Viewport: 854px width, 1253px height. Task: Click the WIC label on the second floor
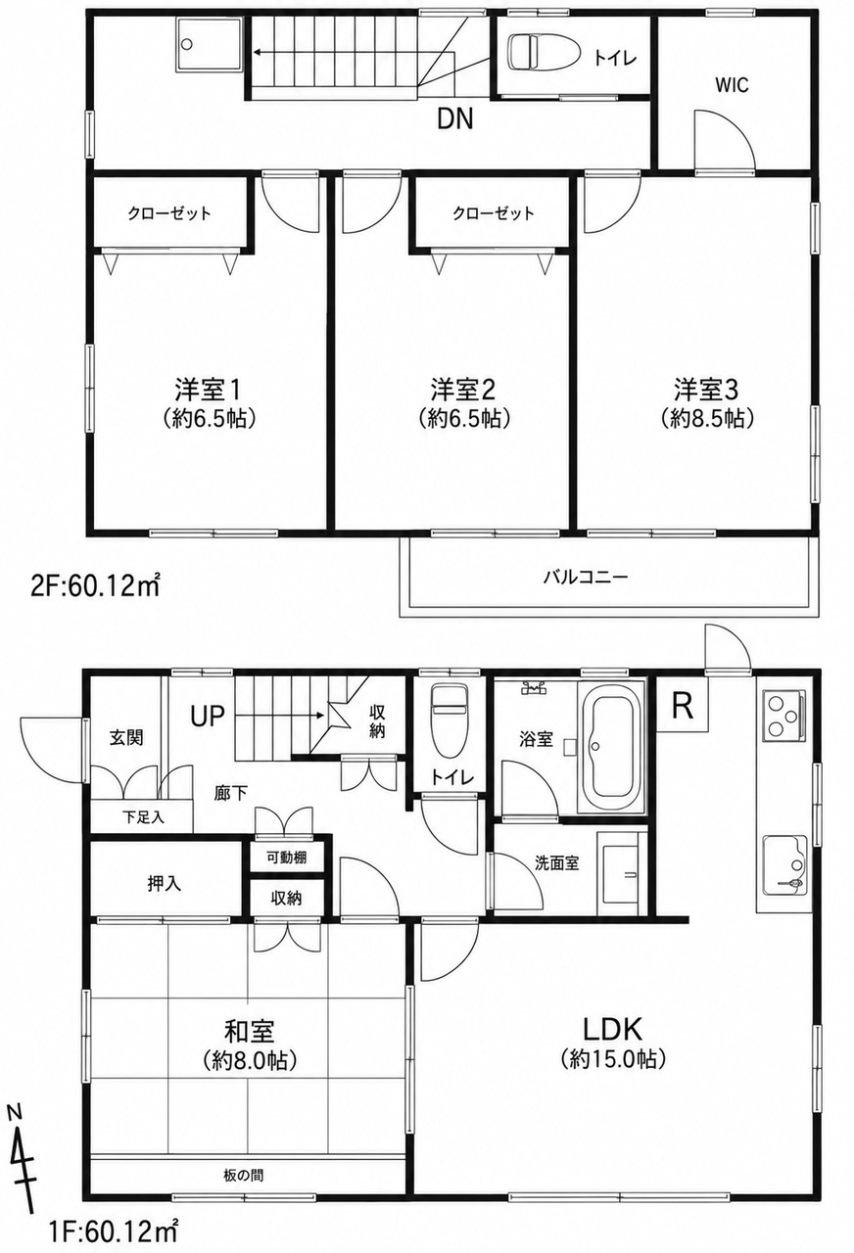click(732, 85)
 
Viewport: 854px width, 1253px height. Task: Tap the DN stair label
click(455, 118)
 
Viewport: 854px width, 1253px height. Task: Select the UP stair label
click(208, 716)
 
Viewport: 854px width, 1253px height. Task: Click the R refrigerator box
click(682, 706)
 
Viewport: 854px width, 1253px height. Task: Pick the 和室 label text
click(249, 1031)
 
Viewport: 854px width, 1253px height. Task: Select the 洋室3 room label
click(706, 390)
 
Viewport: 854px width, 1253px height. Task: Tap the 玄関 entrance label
click(126, 738)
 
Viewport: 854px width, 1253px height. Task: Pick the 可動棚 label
click(286, 858)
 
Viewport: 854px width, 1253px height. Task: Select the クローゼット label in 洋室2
click(493, 213)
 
